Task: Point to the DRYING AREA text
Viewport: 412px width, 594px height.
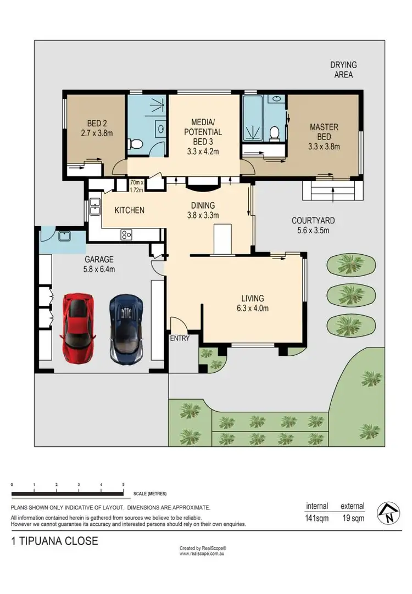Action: click(x=343, y=70)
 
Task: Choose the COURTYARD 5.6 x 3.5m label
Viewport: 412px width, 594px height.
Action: click(x=313, y=226)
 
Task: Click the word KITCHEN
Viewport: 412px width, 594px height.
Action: click(x=129, y=210)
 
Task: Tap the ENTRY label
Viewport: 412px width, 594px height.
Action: click(x=180, y=338)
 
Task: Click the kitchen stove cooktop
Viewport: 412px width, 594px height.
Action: click(x=126, y=234)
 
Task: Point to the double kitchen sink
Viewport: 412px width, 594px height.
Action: click(x=95, y=205)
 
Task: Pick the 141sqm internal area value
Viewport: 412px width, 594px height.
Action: click(x=316, y=517)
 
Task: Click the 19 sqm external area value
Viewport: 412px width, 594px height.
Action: click(x=352, y=517)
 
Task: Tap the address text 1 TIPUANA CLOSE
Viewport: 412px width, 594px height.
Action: click(x=54, y=541)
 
